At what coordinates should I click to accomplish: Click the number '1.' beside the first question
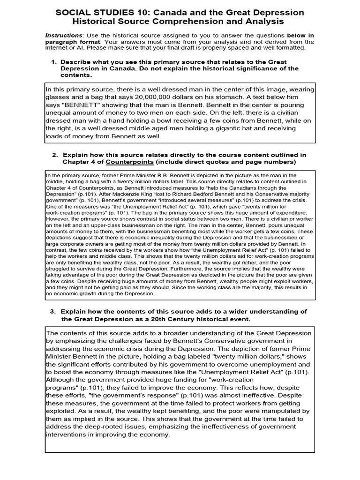pyautogui.click(x=54, y=62)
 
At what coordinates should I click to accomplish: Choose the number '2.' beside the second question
pyautogui.click(x=55, y=155)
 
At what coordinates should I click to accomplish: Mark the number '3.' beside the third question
pyautogui.click(x=53, y=312)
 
